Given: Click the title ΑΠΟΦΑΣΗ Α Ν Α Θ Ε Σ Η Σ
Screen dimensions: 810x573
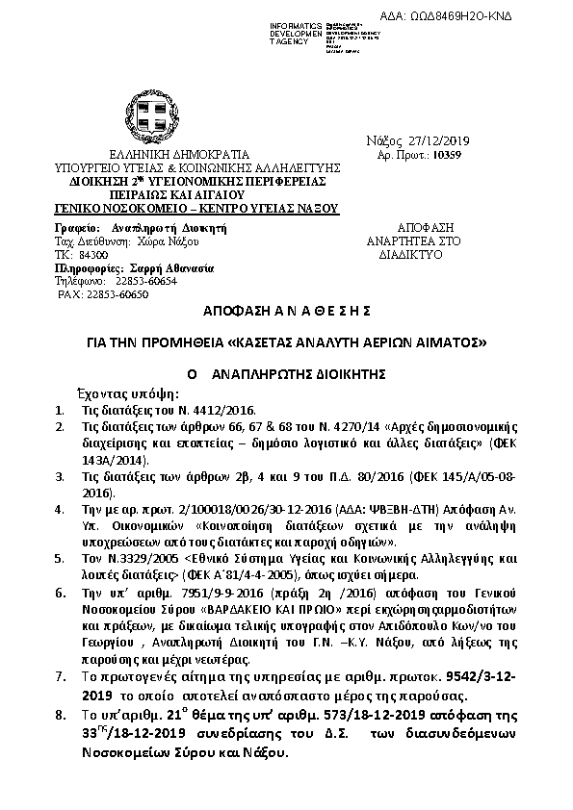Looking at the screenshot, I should pyautogui.click(x=286, y=314).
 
